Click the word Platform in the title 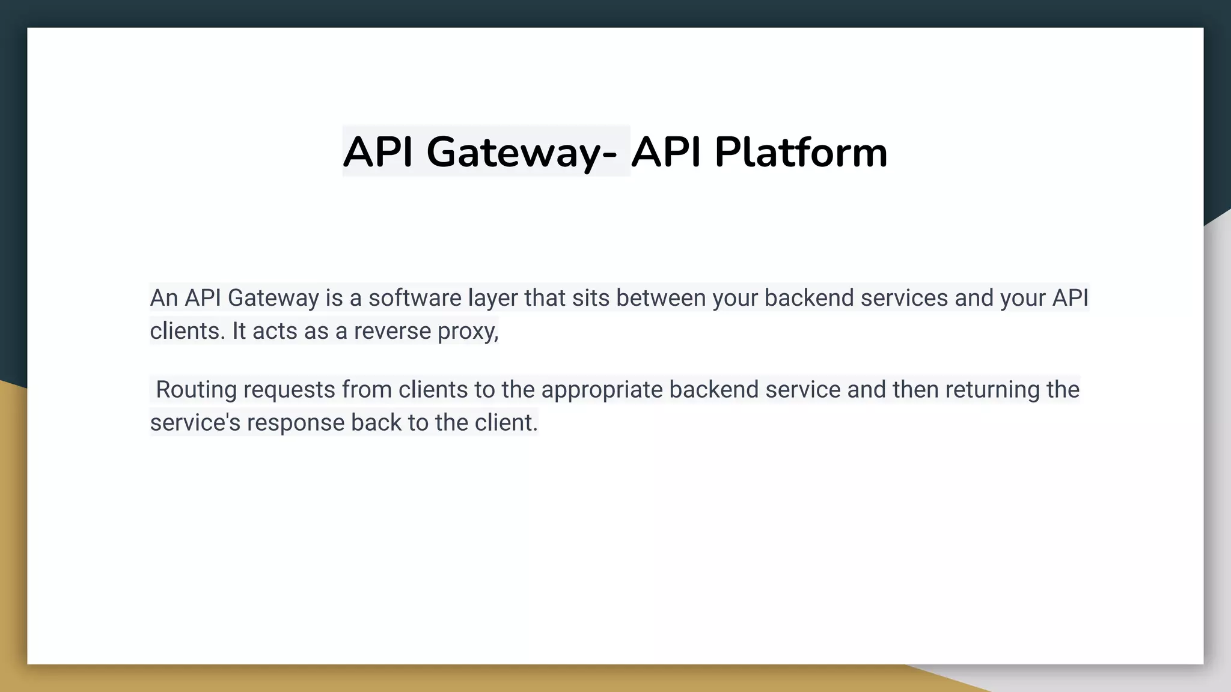[x=801, y=152]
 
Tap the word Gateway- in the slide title [x=521, y=152]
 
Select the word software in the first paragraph [x=415, y=298]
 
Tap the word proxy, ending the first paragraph [x=468, y=331]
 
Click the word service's [x=195, y=422]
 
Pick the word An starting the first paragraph [x=163, y=298]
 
